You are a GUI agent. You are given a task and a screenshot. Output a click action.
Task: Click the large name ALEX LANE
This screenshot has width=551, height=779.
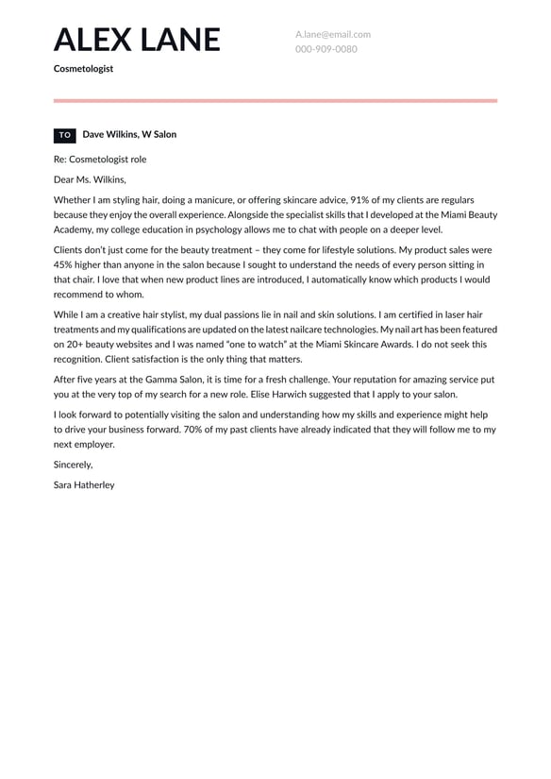(x=137, y=40)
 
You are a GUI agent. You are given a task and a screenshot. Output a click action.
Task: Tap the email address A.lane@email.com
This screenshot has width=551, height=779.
(x=332, y=34)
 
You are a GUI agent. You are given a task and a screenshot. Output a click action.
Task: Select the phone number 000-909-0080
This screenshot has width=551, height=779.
(x=326, y=49)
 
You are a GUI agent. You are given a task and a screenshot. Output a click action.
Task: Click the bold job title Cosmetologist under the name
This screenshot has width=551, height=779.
(x=83, y=69)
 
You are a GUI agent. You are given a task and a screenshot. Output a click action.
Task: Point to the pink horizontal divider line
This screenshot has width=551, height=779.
(x=275, y=100)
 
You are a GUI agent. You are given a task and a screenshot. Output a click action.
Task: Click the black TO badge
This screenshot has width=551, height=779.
(x=65, y=135)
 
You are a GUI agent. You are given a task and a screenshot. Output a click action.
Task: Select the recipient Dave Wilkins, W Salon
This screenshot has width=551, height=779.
(x=129, y=135)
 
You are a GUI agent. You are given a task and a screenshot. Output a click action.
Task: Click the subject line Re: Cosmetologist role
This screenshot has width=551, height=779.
(x=100, y=160)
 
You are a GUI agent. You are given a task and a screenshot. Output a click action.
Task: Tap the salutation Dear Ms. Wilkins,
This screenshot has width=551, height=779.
(x=90, y=179)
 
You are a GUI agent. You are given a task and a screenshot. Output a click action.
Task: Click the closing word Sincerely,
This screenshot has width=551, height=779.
(x=74, y=465)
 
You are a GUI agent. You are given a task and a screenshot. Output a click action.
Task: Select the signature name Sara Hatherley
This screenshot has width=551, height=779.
(x=84, y=484)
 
